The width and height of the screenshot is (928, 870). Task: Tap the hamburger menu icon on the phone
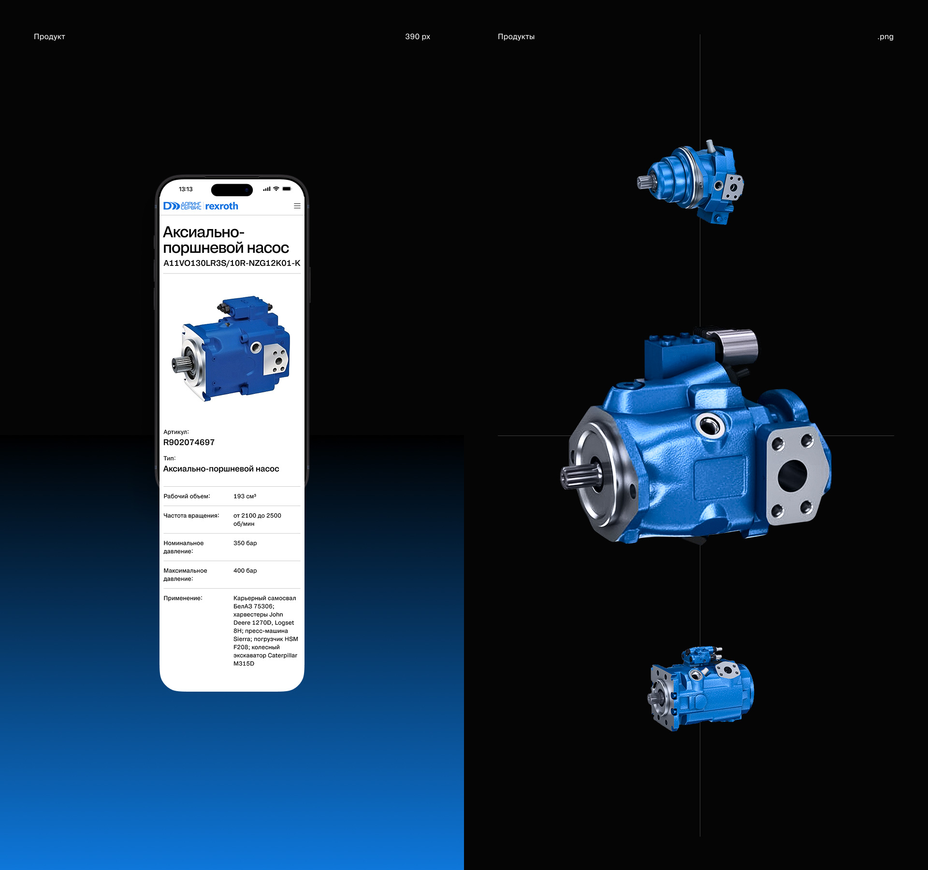pyautogui.click(x=297, y=206)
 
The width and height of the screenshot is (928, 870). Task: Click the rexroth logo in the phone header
pyautogui.click(x=222, y=206)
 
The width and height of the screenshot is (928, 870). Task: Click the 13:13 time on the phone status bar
pyautogui.click(x=186, y=189)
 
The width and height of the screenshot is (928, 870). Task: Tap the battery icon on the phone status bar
pyautogui.click(x=287, y=189)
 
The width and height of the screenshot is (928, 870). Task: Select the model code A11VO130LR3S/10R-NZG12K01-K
pyautogui.click(x=232, y=263)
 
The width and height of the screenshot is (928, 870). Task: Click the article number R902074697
pyautogui.click(x=189, y=442)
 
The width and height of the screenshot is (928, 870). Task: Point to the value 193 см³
pyautogui.click(x=245, y=496)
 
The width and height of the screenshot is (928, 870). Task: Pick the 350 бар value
pyautogui.click(x=245, y=543)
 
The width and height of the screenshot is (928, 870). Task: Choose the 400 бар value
pyautogui.click(x=245, y=571)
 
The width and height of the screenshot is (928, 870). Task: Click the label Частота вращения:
pyautogui.click(x=191, y=516)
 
